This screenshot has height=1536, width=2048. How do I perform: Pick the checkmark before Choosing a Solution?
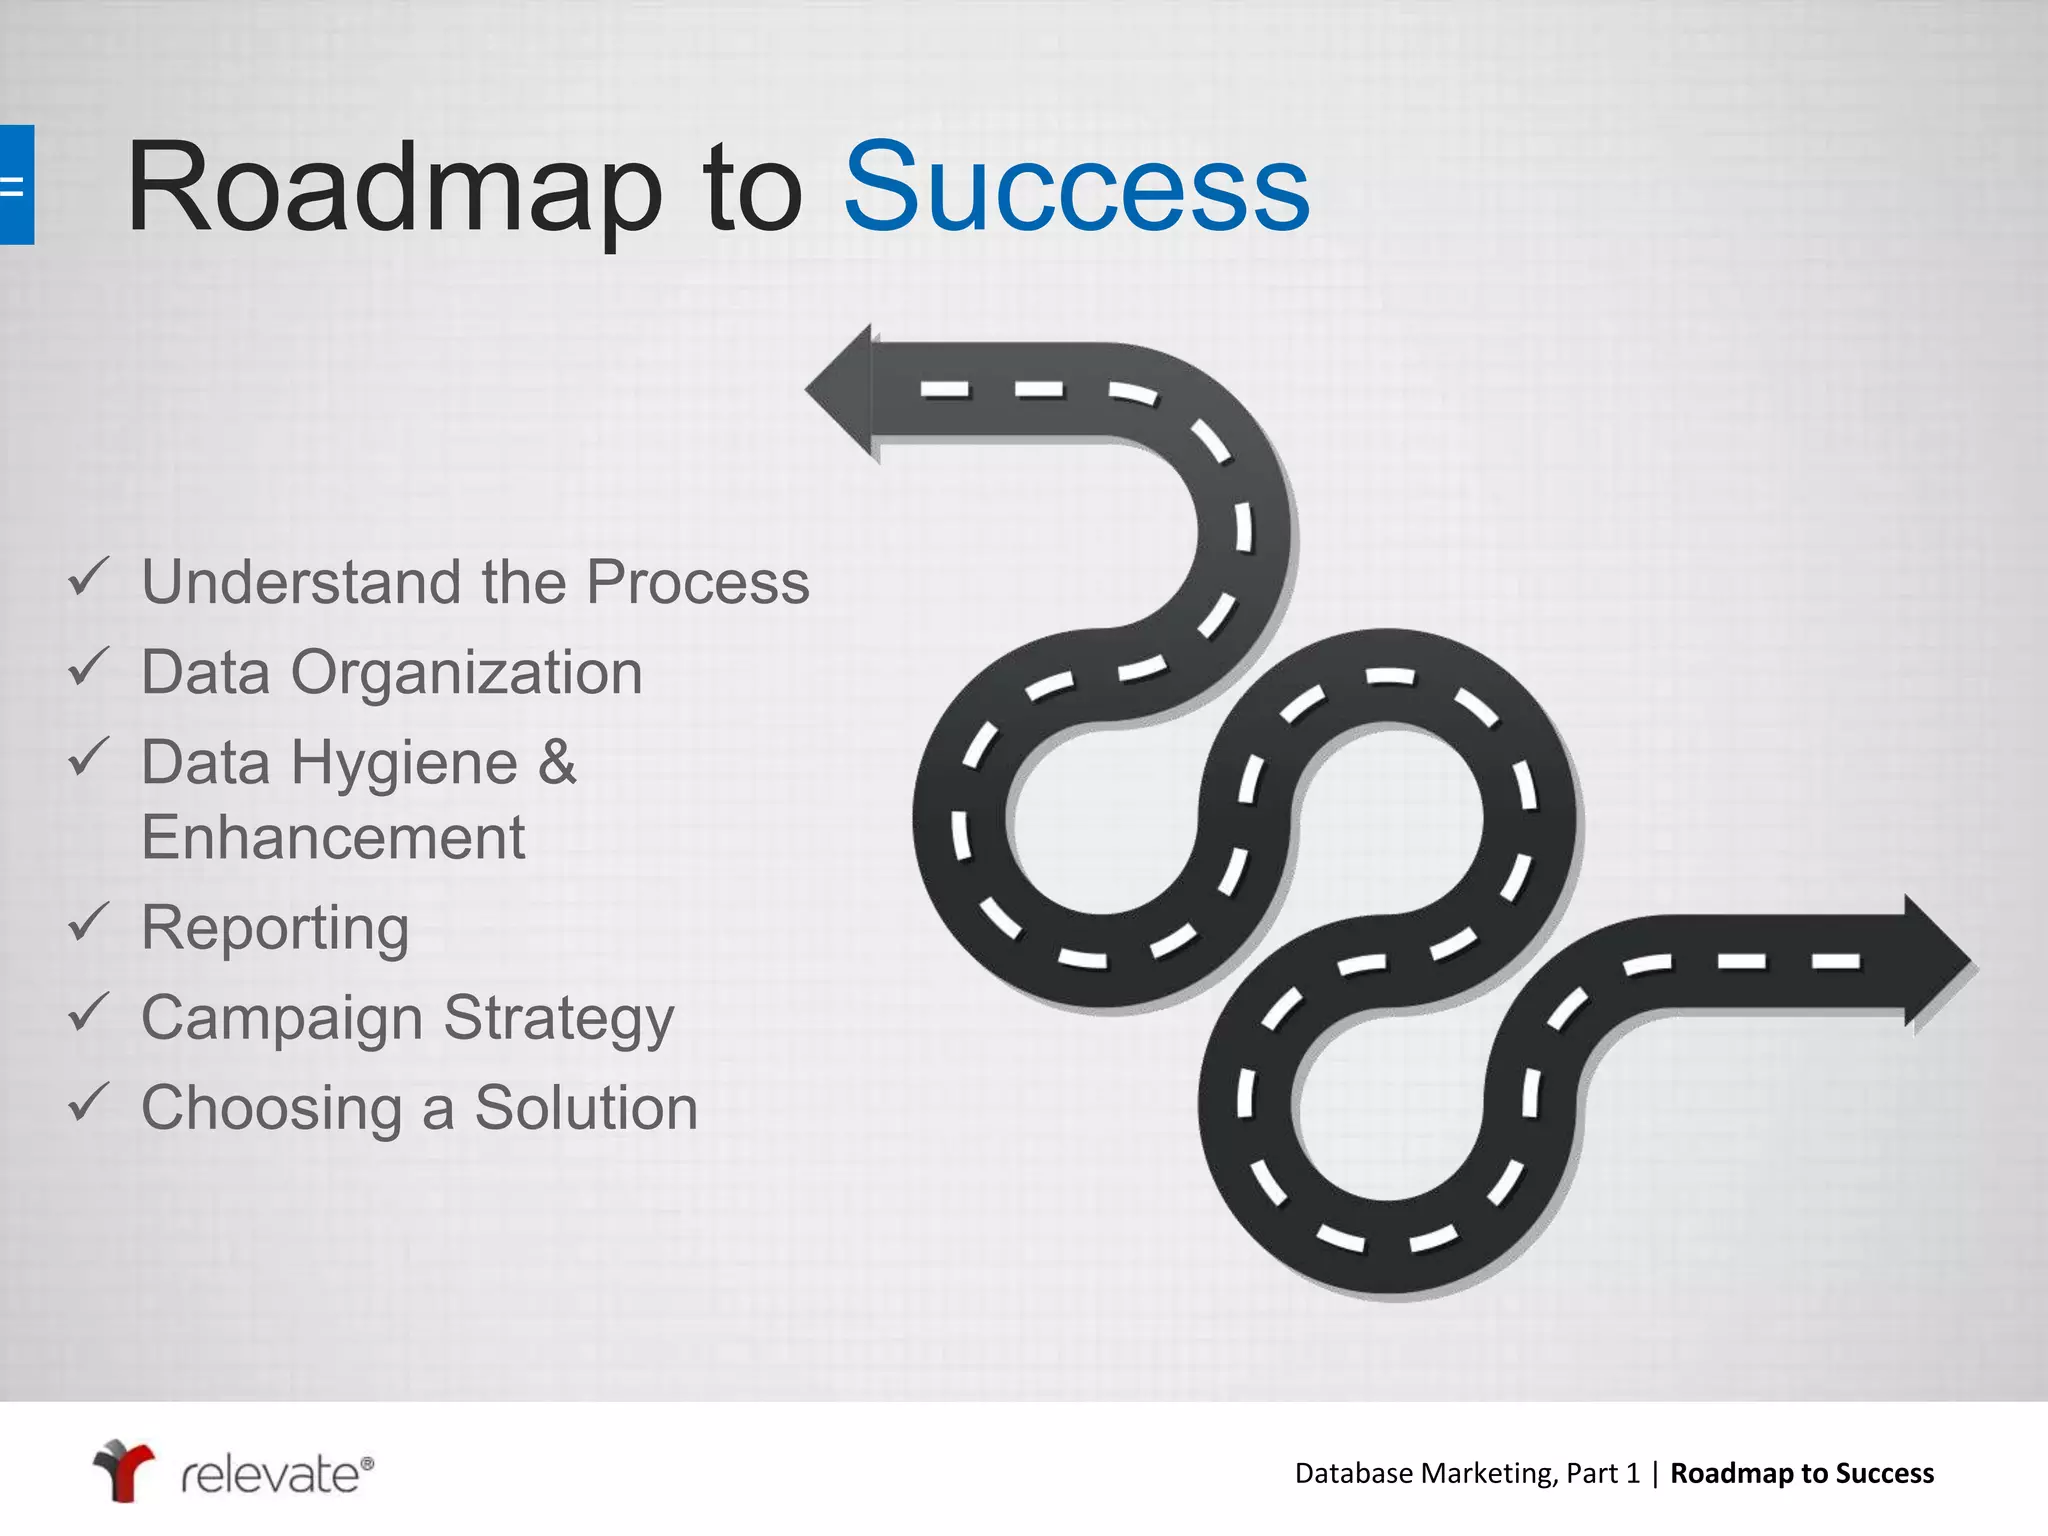pos(88,1102)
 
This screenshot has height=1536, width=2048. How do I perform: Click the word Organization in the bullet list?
pos(466,672)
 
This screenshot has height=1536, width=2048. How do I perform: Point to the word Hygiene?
pos(404,764)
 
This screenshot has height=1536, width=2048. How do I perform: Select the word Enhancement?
pos(333,837)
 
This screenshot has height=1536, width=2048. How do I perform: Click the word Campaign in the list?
pos(282,1019)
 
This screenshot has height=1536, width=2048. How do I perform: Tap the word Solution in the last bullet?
pos(585,1108)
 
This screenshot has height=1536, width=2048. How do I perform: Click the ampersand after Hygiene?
pos(557,762)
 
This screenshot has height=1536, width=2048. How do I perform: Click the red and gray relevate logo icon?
pos(123,1470)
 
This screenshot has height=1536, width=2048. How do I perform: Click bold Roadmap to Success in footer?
pos(1801,1473)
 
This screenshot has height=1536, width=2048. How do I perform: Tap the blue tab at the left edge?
pos(16,185)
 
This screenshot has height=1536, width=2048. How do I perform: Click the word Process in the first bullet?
pos(697,582)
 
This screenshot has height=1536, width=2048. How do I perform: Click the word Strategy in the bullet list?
pos(558,1019)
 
